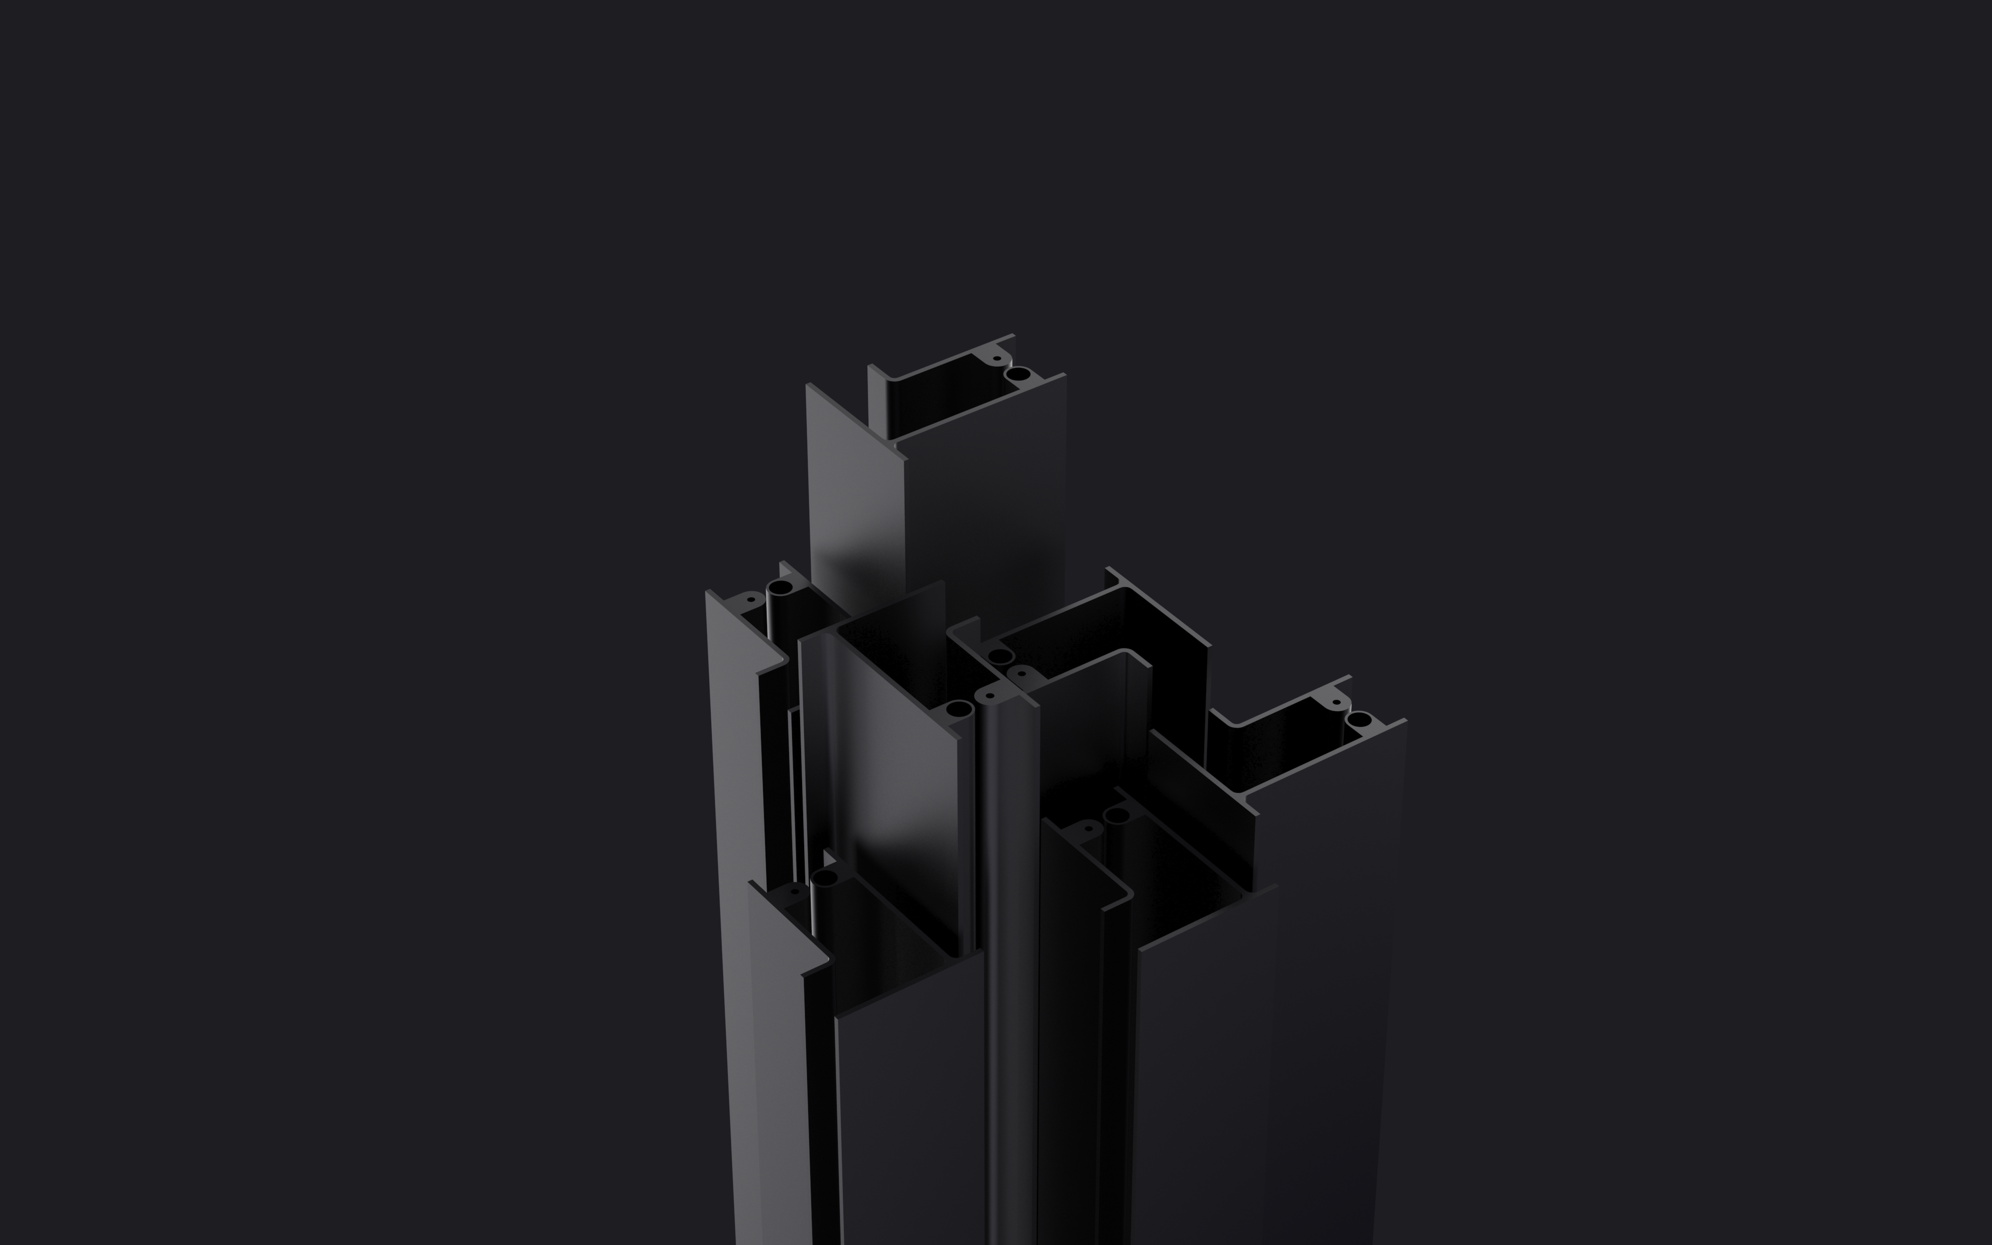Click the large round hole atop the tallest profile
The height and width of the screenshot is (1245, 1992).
[x=1018, y=375]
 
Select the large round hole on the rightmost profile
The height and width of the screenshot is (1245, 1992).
[x=1359, y=720]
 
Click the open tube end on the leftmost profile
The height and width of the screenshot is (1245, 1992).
[x=780, y=588]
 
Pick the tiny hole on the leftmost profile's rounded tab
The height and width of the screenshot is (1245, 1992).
[x=749, y=601]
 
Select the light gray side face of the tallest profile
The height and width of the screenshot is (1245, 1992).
[x=856, y=510]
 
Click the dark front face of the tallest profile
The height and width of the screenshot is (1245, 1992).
[x=988, y=510]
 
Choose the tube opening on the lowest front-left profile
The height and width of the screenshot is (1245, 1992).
[x=824, y=878]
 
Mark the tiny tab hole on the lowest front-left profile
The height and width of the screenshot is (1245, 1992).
[x=794, y=891]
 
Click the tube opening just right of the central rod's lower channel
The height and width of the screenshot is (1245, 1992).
[x=1116, y=816]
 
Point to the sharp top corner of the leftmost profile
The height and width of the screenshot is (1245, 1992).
[x=708, y=591]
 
